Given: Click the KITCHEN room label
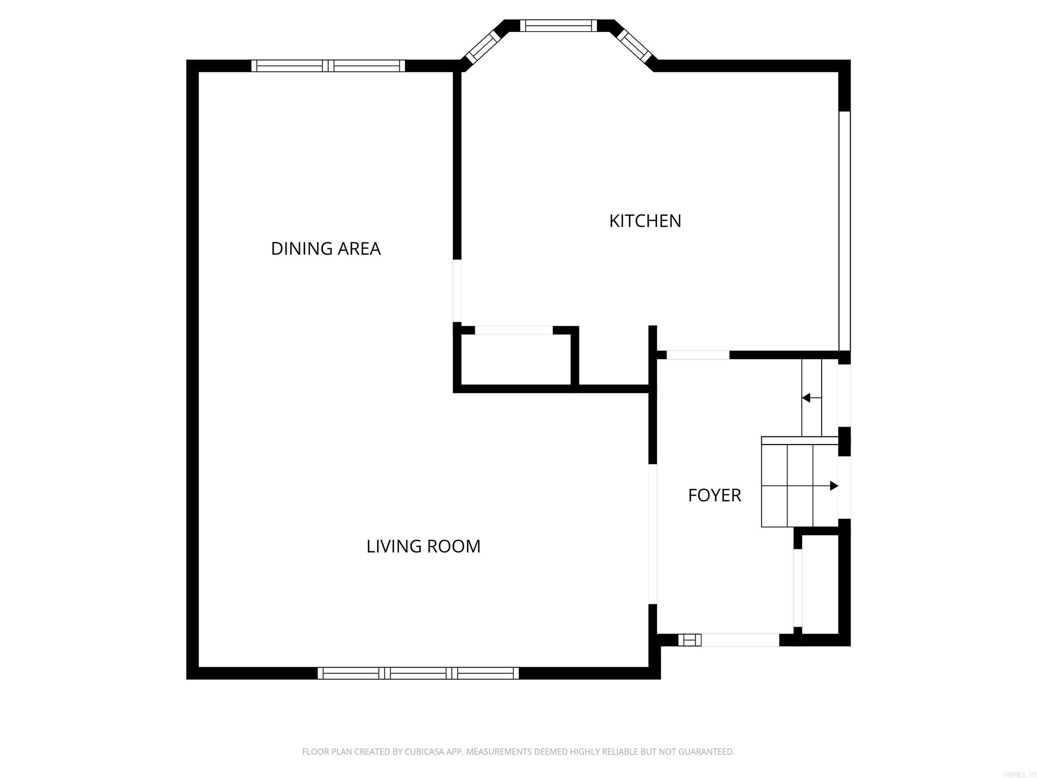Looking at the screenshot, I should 645,221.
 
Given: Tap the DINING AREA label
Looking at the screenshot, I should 325,249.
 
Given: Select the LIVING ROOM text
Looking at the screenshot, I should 423,546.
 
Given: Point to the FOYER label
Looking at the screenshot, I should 714,495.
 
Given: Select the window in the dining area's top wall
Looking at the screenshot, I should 328,66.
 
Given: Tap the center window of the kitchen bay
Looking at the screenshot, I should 558,25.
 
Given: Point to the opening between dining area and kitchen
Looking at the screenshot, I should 457,291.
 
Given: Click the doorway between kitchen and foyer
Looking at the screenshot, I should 698,355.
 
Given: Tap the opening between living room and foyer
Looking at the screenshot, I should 652,534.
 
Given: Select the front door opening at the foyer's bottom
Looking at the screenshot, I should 740,640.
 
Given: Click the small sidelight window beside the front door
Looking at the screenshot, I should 690,640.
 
